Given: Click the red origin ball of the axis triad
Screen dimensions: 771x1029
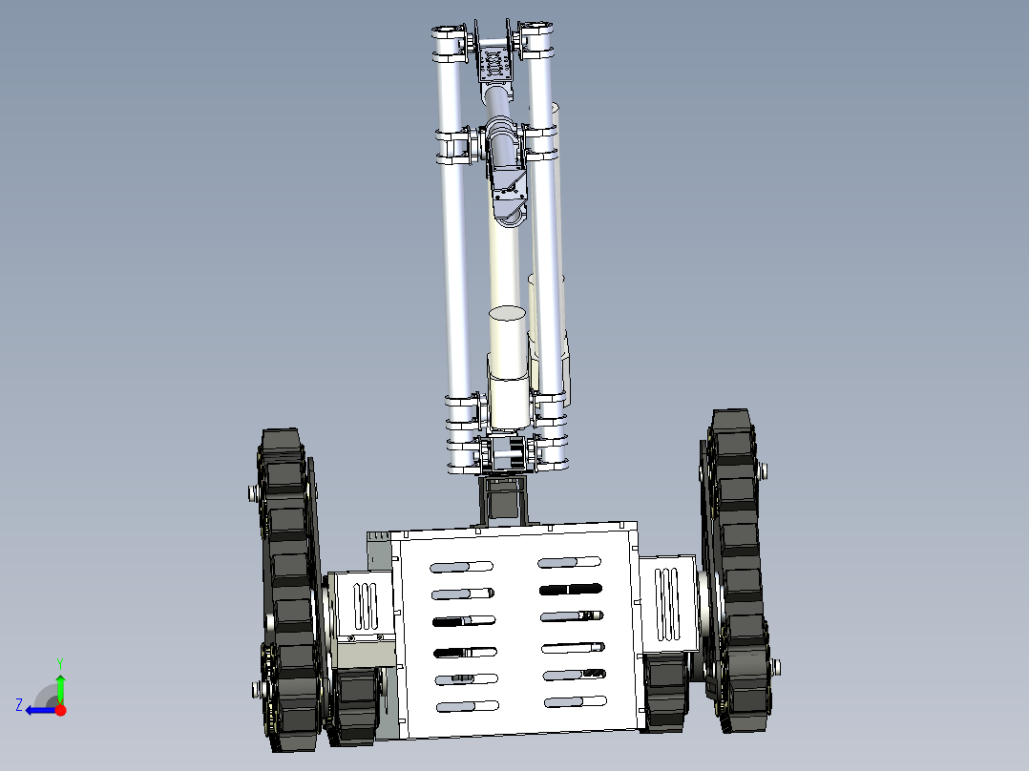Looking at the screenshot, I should coord(60,710).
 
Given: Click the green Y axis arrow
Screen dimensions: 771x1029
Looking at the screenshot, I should coord(60,685).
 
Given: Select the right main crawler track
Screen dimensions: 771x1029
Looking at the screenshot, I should coord(735,573).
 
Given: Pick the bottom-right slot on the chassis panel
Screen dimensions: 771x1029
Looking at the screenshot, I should coord(575,702).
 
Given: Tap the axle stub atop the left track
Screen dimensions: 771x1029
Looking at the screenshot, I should coord(253,492).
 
